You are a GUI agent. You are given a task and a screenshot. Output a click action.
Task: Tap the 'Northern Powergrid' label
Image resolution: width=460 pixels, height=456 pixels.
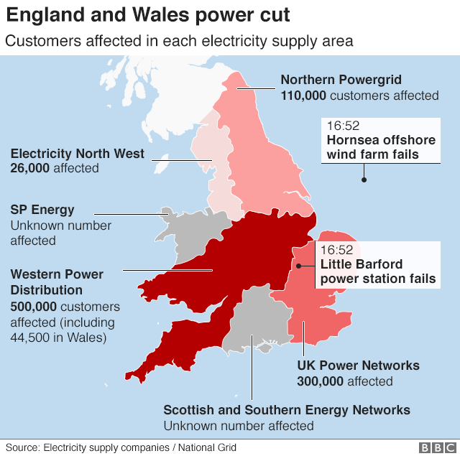coord(351,80)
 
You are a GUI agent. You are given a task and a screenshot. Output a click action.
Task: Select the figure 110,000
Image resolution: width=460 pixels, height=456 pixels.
coord(303,95)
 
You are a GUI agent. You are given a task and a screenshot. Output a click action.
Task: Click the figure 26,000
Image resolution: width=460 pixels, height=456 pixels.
coord(32,168)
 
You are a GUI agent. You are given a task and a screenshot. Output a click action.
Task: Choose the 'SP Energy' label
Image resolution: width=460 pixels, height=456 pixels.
coord(42,210)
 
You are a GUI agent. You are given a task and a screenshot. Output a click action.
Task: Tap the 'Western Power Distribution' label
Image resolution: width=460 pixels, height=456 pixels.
coord(57,282)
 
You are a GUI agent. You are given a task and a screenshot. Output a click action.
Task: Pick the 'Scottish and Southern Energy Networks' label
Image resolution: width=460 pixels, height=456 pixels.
coord(287,410)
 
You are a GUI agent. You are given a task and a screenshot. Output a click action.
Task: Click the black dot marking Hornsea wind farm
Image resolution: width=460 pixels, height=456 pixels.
coord(364,180)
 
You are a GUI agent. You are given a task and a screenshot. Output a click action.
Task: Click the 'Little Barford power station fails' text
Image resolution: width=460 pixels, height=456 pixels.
coord(378,271)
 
